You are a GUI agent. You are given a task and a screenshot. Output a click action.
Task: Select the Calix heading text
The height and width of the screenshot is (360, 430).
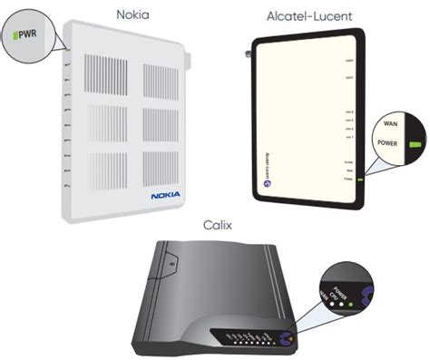(x=217, y=221)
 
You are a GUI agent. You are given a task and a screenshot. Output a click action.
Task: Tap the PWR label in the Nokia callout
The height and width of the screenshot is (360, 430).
(x=24, y=37)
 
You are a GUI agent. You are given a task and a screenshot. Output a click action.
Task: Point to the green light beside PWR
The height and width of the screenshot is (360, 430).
(x=12, y=37)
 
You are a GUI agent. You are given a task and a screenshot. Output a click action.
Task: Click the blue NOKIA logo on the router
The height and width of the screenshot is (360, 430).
(x=164, y=194)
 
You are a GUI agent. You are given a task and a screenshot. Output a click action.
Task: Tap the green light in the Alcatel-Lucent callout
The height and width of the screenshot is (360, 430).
(x=415, y=143)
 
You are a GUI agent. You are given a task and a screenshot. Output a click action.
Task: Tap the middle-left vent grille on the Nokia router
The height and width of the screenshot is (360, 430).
(x=103, y=126)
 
